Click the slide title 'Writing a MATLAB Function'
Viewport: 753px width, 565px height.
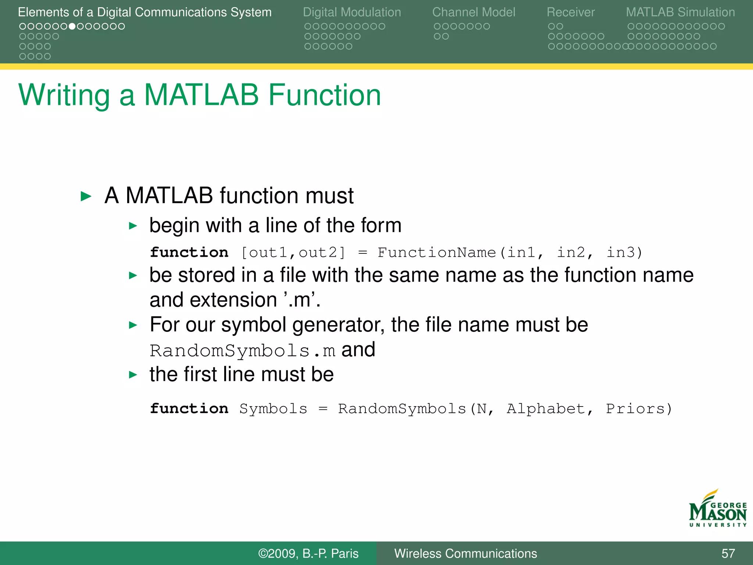[x=200, y=95]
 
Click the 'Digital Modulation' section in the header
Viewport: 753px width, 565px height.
[x=351, y=12]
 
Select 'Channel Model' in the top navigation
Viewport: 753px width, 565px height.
[x=473, y=12]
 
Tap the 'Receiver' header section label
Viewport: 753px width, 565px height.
[x=570, y=12]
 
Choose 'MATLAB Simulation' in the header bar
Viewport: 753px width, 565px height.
[x=680, y=12]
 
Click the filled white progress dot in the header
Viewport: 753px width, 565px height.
[x=72, y=26]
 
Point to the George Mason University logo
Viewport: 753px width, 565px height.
[x=717, y=509]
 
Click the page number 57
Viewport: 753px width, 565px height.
[x=728, y=553]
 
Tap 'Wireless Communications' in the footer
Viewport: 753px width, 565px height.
[x=465, y=553]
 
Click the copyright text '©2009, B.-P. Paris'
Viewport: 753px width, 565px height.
[x=308, y=553]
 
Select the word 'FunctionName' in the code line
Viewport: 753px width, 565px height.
[x=436, y=253]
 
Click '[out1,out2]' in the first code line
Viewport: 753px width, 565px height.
[x=293, y=253]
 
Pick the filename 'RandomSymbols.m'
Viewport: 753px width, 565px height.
[x=242, y=351]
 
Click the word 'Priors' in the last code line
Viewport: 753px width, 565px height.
[x=635, y=409]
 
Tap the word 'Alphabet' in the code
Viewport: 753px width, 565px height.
[x=546, y=409]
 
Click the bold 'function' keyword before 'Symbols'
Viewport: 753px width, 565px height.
[x=189, y=409]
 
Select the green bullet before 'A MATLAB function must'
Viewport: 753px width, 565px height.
[x=86, y=196]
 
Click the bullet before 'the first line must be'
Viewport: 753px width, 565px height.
[x=133, y=375]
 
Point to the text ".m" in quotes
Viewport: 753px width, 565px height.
[x=302, y=300]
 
